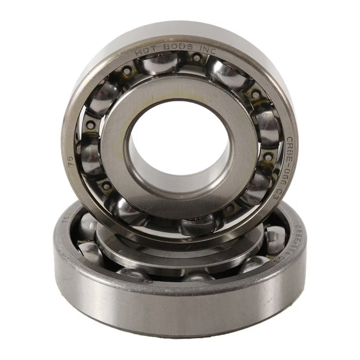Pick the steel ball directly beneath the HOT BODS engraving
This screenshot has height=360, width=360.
click(161, 63)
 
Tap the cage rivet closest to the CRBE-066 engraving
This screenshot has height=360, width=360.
click(268, 157)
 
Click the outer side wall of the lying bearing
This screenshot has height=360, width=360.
click(180, 310)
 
